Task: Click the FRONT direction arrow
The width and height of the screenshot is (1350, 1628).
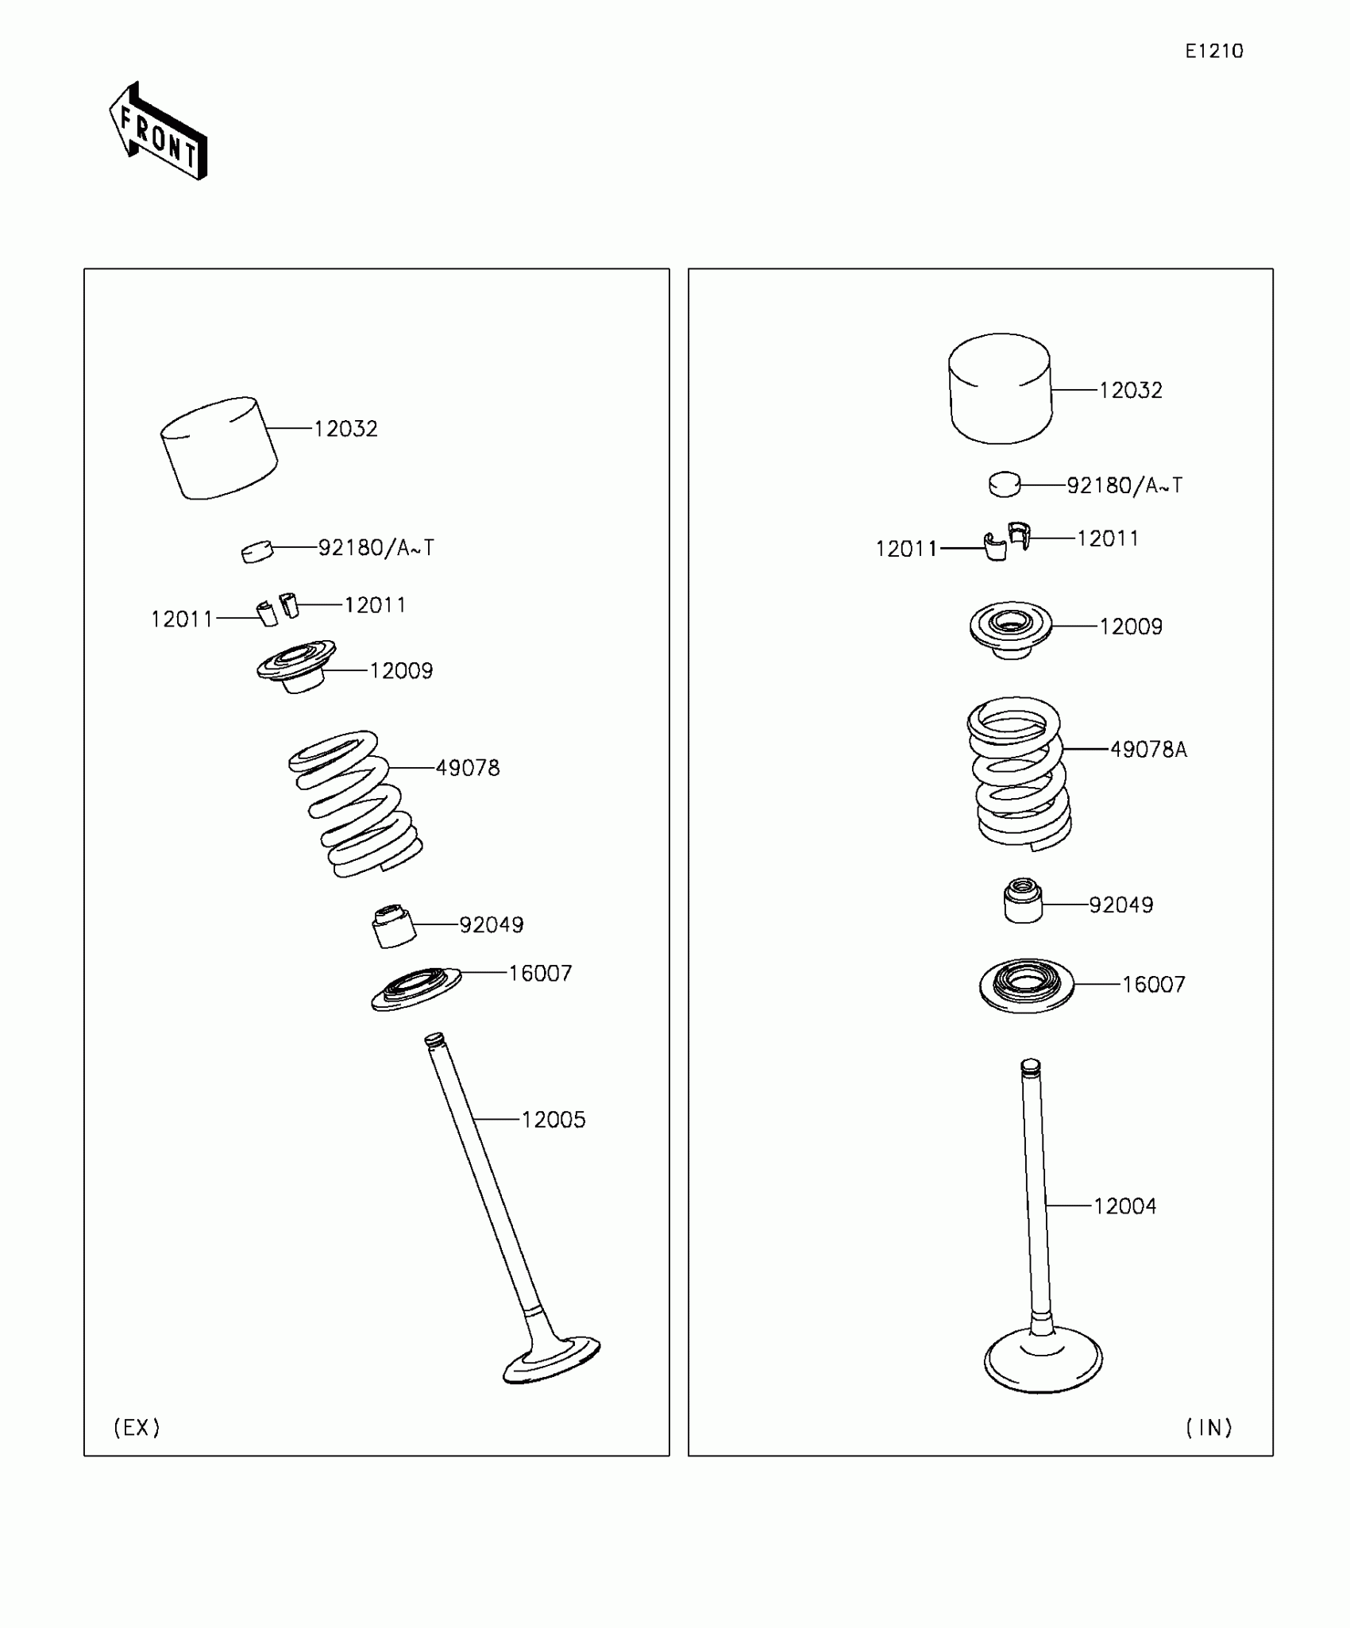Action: [157, 132]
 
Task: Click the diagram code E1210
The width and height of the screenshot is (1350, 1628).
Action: [1213, 52]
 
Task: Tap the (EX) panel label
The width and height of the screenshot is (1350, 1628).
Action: [137, 1428]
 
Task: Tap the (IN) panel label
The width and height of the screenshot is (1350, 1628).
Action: [1208, 1428]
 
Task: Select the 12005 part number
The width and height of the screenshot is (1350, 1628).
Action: [553, 1120]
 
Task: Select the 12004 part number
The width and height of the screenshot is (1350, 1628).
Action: [1124, 1206]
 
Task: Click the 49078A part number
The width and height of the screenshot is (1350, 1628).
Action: [1148, 750]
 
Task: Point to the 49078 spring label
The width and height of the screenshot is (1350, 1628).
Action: [468, 768]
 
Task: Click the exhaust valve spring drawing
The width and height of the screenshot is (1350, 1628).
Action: [355, 804]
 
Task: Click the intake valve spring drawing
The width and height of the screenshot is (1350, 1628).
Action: [1019, 773]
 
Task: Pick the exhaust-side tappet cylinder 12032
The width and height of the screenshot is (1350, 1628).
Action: [219, 448]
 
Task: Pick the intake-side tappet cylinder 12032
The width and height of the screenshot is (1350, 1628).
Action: [1001, 388]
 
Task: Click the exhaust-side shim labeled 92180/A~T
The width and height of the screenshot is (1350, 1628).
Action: [256, 551]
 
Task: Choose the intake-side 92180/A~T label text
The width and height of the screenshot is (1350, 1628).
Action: [1124, 485]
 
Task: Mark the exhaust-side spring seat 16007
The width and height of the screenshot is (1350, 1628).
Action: [416, 989]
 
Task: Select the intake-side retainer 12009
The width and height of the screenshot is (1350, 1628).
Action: [1011, 628]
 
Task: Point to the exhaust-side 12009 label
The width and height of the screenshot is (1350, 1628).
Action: [401, 671]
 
